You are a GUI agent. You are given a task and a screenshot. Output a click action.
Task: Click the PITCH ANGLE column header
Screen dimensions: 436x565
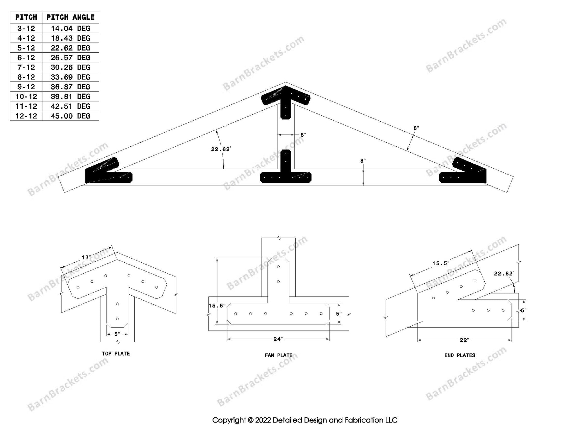pos(70,17)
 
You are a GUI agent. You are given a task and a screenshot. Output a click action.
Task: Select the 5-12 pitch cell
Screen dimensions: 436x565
pos(26,48)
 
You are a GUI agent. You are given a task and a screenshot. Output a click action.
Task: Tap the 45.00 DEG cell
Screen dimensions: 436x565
pos(70,116)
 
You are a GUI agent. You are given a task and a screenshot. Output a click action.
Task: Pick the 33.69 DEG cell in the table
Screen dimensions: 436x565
pos(70,77)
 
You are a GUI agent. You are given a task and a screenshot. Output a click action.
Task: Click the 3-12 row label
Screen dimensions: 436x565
pos(26,29)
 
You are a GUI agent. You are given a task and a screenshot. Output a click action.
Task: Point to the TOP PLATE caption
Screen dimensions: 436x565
pos(116,354)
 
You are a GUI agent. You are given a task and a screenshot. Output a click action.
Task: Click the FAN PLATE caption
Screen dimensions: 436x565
pos(278,355)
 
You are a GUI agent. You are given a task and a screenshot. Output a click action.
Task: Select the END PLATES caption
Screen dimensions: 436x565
pos(460,355)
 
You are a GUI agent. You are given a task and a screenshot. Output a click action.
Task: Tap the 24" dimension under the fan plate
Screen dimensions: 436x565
pos(278,339)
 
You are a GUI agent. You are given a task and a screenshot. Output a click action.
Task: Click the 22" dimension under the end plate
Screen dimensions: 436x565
pos(464,340)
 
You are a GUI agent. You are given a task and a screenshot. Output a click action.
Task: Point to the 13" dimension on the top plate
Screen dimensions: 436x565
pos(86,258)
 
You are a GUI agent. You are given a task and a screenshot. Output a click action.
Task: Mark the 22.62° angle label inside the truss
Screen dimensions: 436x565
pos(221,149)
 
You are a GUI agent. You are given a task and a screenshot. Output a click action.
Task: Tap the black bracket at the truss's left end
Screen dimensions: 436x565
pos(107,173)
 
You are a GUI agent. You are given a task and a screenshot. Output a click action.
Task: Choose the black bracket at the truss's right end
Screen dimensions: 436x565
pos(465,173)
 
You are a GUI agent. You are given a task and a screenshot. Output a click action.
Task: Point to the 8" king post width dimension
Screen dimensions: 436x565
pos(303,135)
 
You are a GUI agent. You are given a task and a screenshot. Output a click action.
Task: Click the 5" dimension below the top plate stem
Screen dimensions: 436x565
pos(117,334)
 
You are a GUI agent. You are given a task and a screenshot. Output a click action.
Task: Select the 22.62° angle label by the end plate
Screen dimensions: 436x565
pos(503,274)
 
